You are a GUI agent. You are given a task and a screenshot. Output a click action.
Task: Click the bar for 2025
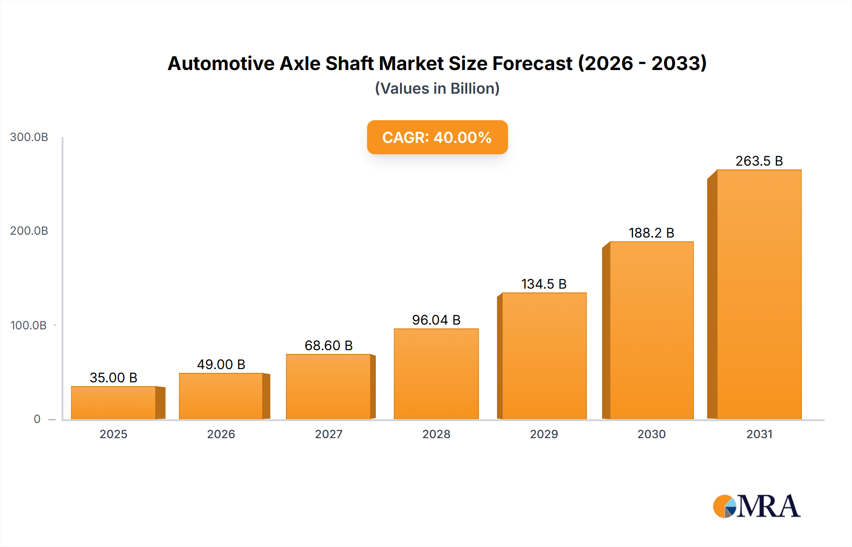click(x=114, y=403)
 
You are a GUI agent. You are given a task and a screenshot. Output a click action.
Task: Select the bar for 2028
click(x=436, y=374)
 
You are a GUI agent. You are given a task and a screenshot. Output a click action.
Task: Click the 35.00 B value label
click(x=114, y=378)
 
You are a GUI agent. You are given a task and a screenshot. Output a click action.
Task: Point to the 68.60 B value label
click(x=328, y=345)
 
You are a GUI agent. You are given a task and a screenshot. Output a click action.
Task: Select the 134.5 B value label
click(x=544, y=284)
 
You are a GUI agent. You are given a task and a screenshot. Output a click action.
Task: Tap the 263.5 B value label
click(x=759, y=161)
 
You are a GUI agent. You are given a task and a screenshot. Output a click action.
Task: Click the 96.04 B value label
click(x=436, y=320)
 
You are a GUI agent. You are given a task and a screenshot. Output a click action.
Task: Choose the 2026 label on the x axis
click(x=221, y=434)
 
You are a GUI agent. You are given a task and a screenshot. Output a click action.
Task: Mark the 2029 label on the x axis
click(x=544, y=434)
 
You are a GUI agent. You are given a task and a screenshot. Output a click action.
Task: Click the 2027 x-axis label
click(x=328, y=434)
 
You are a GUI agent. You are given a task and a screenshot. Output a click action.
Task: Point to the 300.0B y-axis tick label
click(x=29, y=137)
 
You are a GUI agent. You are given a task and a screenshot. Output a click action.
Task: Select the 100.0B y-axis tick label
click(x=28, y=326)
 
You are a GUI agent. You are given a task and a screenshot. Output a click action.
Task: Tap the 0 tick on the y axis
click(x=37, y=419)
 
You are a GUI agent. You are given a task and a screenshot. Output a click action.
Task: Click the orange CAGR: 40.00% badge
click(x=437, y=137)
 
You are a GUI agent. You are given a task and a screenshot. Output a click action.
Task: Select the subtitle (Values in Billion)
click(x=437, y=88)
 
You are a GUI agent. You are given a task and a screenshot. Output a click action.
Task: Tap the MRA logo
click(x=756, y=506)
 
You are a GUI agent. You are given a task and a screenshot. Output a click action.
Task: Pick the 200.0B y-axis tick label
click(x=29, y=231)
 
